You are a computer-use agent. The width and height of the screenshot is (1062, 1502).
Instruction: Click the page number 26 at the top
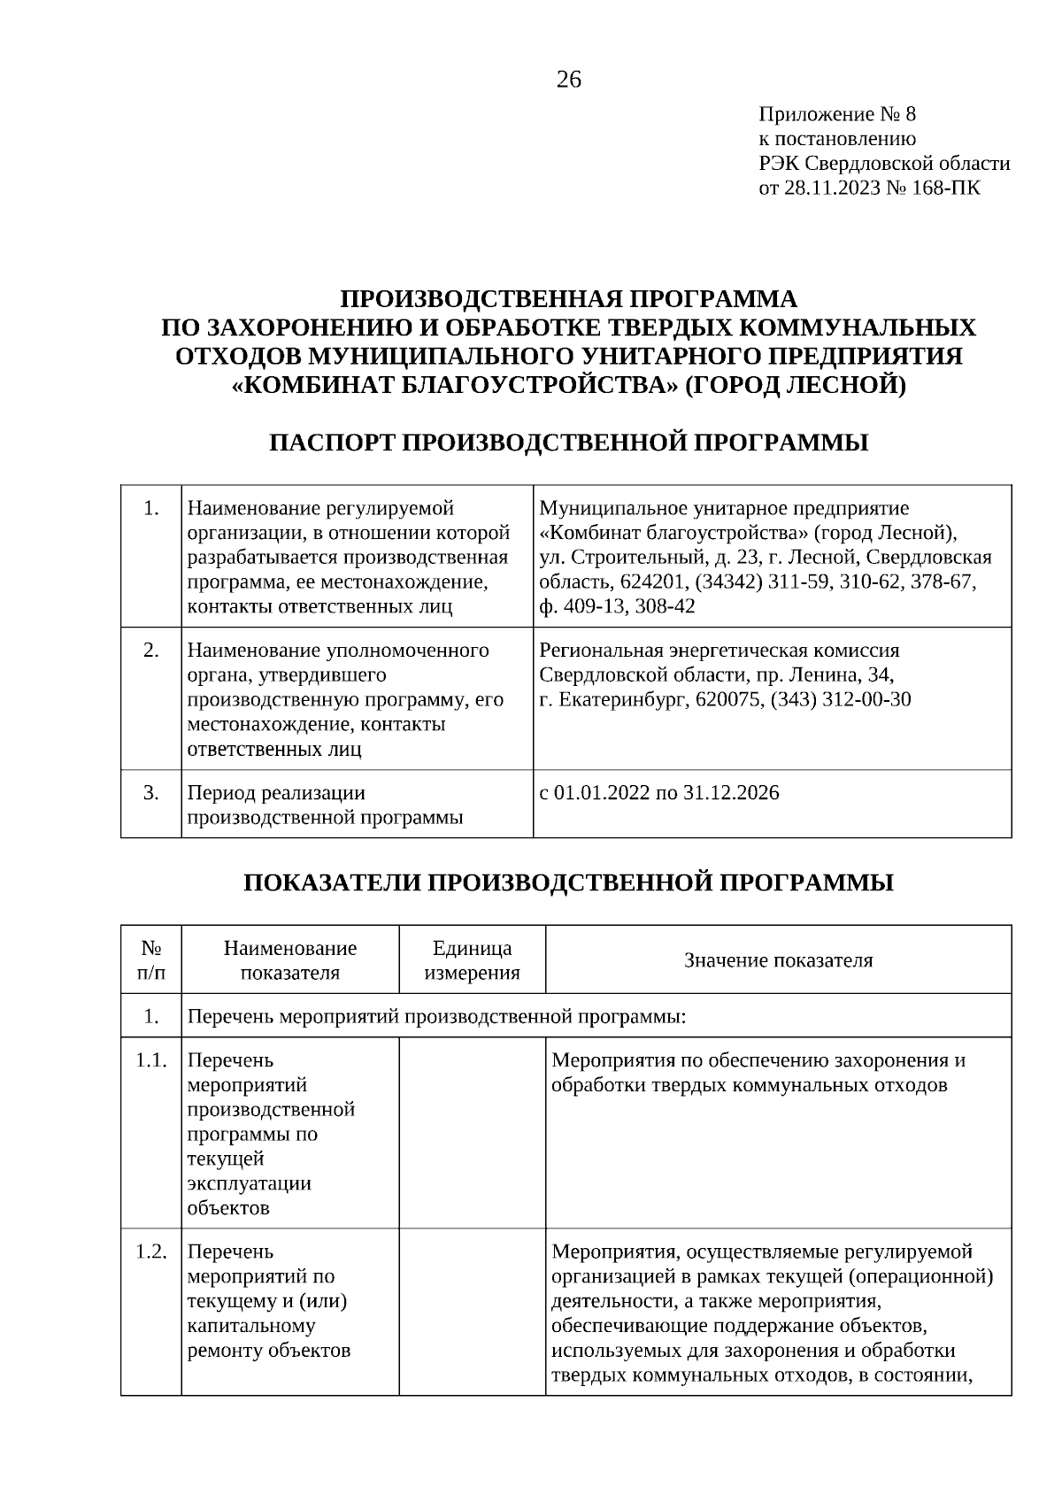coord(569,81)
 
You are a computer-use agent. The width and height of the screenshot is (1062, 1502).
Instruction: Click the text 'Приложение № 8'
coord(837,114)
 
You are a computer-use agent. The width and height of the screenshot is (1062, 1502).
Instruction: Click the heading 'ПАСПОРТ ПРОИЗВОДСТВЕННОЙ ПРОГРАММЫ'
coord(568,443)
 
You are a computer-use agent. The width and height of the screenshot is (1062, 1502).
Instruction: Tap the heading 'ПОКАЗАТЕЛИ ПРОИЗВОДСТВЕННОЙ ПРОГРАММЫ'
coord(568,882)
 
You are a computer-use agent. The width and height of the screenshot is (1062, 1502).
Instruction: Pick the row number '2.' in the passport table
coord(151,651)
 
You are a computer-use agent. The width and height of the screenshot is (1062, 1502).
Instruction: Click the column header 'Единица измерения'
coord(472,960)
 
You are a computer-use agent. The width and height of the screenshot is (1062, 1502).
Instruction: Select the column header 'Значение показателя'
coord(778,960)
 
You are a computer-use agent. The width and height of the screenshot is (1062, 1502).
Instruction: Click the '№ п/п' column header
coord(151,960)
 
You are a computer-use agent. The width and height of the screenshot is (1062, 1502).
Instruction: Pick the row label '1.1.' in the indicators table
coord(151,1060)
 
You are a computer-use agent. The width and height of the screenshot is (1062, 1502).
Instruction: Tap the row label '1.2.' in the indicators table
coord(151,1252)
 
